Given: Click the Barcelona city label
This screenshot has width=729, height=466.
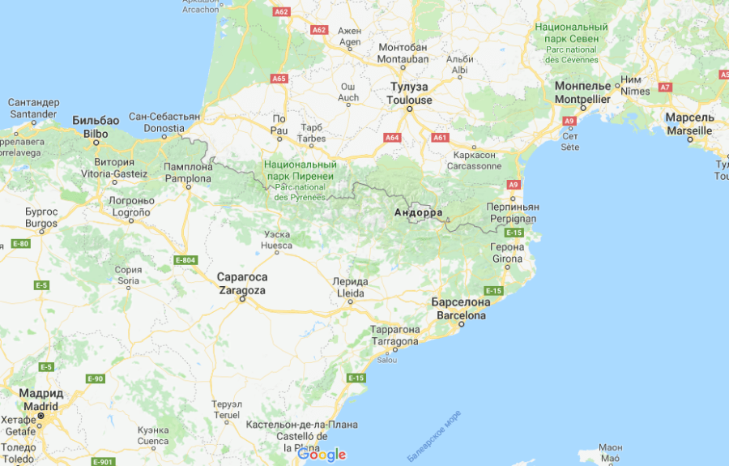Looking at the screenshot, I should coord(461,309).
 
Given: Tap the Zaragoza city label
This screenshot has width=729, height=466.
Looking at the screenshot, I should coord(241,283).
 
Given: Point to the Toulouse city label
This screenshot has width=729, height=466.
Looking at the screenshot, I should coord(409,93).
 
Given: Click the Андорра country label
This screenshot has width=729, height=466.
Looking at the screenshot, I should coord(418,213).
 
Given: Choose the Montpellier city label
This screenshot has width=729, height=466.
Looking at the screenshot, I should coord(582,92).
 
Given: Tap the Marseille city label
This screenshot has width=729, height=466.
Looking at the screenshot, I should coord(689,123).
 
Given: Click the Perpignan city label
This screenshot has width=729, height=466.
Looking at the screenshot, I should coord(513,213).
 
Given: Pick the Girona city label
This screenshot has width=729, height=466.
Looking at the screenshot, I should coord(508,253).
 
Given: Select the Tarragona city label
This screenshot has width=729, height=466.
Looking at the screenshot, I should coord(394,336).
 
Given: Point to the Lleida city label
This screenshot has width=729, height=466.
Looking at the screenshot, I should coord(350,287).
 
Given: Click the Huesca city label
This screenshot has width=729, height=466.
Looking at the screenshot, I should coord(277,240).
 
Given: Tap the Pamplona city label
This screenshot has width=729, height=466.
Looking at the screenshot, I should coord(188,172).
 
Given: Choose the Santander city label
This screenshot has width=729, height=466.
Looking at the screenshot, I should coord(34,109).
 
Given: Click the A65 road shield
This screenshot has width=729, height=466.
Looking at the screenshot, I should coord(279,79).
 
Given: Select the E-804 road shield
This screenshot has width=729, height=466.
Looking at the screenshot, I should coord(185,259).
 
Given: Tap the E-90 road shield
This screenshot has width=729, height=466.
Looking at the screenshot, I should coord(95,378).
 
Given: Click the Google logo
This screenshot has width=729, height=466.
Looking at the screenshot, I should coord(322,455).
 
